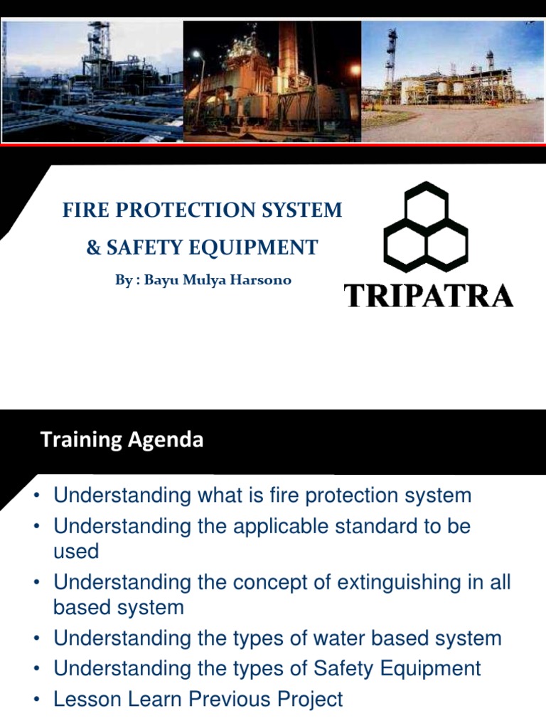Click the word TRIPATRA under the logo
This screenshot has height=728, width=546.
click(429, 295)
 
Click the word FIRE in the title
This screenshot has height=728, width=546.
click(81, 210)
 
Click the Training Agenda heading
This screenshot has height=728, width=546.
click(122, 440)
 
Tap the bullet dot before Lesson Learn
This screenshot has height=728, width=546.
click(37, 700)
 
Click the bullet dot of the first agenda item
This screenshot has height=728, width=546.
click(37, 496)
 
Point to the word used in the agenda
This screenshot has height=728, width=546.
click(75, 551)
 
